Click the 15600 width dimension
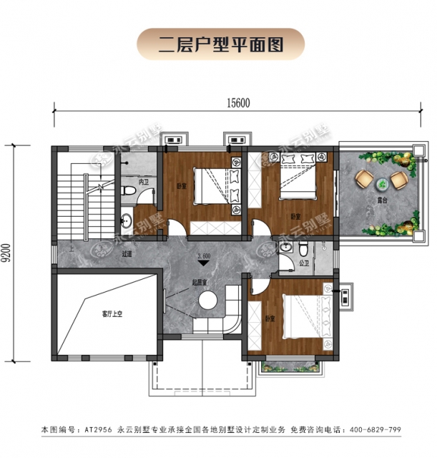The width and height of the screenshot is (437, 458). coord(238,102)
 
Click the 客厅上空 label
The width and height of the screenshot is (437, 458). coord(112,313)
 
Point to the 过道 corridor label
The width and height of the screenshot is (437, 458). coord(127,254)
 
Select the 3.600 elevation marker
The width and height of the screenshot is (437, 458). coord(205,255)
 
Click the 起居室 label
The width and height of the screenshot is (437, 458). coord(200,282)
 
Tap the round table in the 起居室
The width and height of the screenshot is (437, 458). coord(208,301)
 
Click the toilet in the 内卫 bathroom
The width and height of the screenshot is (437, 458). coord(127,191)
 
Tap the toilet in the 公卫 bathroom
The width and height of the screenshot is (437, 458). coord(303,250)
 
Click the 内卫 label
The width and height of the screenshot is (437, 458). coord(142,182)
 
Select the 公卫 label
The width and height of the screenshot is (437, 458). coord(303,263)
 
